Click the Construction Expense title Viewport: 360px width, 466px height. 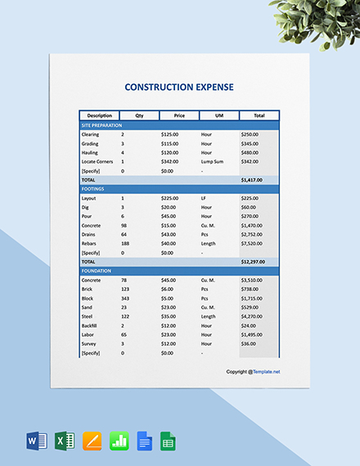pos(179,86)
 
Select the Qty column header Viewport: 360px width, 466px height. pos(139,115)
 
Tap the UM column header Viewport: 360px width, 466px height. pos(218,115)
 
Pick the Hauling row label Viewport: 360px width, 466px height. pos(90,152)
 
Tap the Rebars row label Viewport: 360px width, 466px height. pos(89,243)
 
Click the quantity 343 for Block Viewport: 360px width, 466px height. pos(125,298)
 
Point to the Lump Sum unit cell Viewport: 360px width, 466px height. pos(212,161)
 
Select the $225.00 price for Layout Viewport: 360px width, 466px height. pos(169,198)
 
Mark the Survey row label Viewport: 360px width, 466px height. pos(88,343)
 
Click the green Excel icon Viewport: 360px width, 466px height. pos(65,441)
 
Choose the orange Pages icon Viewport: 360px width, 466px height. pos(92,441)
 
